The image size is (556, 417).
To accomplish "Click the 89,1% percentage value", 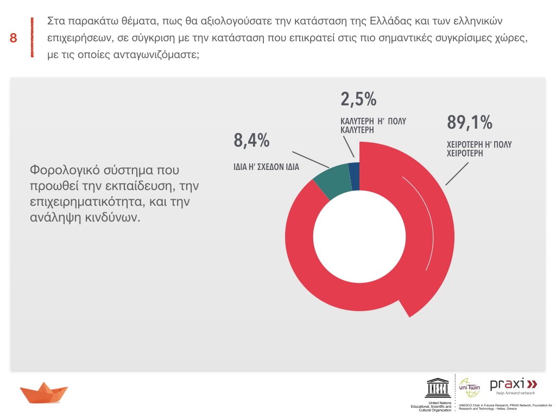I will (470, 123).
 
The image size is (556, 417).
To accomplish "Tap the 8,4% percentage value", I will (251, 141).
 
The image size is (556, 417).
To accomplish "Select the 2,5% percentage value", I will (358, 99).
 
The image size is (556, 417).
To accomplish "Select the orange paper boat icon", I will (43, 392).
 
